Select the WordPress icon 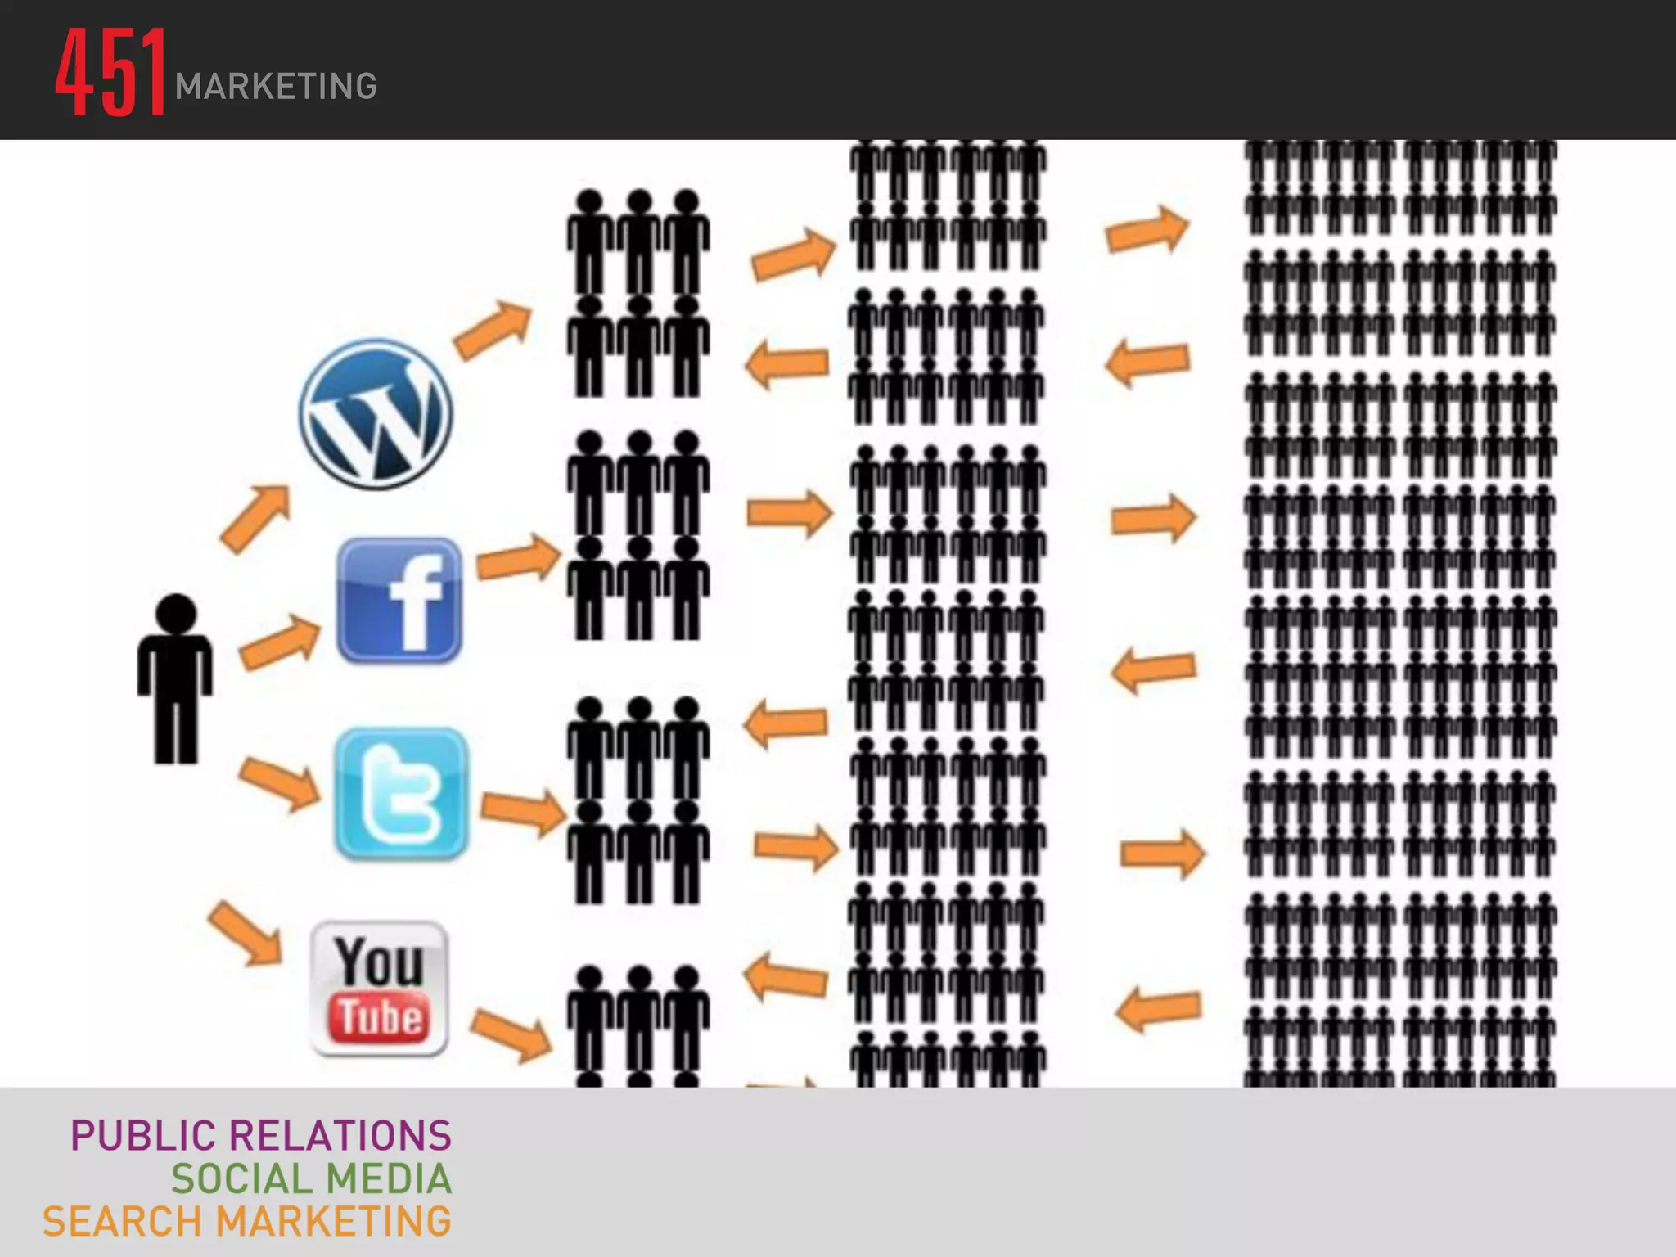pyautogui.click(x=376, y=414)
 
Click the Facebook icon pyautogui.click(x=399, y=600)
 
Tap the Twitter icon pyautogui.click(x=402, y=794)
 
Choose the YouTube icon pyautogui.click(x=379, y=989)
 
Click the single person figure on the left pyautogui.click(x=175, y=679)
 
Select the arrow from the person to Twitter pyautogui.click(x=279, y=783)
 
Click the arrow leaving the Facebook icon pyautogui.click(x=518, y=558)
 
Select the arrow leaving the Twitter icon pyautogui.click(x=523, y=812)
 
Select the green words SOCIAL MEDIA pyautogui.click(x=311, y=1179)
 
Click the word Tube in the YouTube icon pyautogui.click(x=381, y=1019)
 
